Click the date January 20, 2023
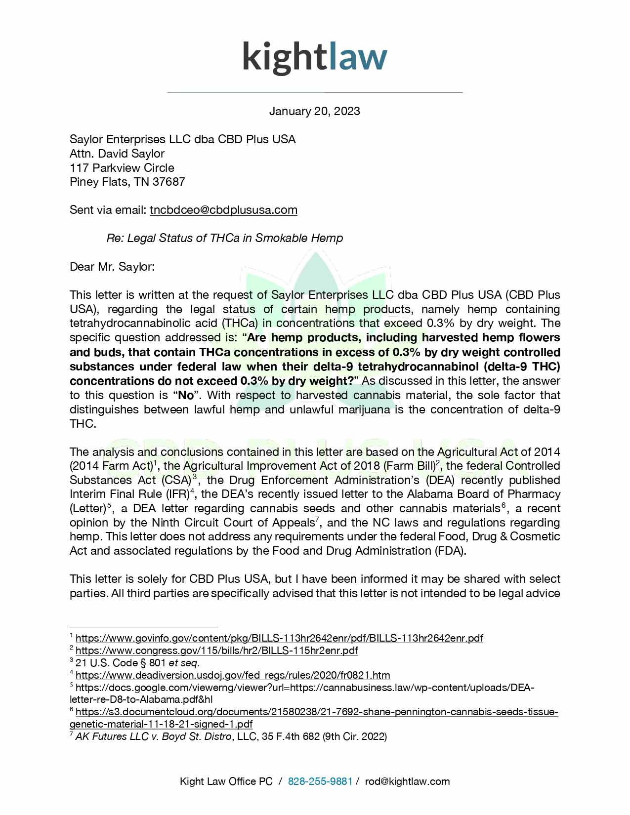[314, 111]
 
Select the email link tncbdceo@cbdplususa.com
[223, 210]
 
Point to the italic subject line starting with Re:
[225, 238]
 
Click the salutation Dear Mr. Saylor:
[112, 267]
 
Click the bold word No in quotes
[186, 395]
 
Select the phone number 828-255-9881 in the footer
[320, 781]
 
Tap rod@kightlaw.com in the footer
[407, 781]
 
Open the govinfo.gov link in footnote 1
[279, 638]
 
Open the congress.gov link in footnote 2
[216, 651]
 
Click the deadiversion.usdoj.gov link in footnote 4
[233, 675]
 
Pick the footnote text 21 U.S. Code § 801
[121, 663]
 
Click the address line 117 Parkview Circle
[122, 167]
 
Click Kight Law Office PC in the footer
[226, 781]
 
